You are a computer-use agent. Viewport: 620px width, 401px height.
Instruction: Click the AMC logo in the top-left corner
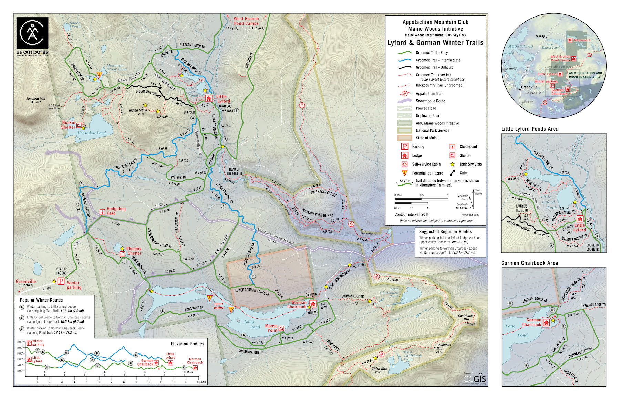click(32, 33)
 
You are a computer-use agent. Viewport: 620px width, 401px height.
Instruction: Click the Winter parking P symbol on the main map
click(61, 281)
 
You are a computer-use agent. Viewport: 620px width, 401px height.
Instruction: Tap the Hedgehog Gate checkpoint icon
click(102, 212)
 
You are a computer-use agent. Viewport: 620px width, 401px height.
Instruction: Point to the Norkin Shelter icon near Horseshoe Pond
click(79, 125)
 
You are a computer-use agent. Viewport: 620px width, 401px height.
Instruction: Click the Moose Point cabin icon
click(281, 328)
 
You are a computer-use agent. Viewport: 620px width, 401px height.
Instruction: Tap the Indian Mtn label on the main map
click(136, 110)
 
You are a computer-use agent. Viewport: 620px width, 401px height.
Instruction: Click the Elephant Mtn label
click(35, 99)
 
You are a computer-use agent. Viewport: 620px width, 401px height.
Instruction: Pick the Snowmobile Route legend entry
click(430, 101)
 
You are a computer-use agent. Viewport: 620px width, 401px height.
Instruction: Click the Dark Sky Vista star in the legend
click(452, 165)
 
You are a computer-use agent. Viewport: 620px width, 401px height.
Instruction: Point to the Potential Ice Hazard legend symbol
click(405, 173)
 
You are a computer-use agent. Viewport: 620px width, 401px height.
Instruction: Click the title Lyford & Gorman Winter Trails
click(435, 43)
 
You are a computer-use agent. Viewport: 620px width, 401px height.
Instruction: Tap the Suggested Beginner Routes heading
click(445, 232)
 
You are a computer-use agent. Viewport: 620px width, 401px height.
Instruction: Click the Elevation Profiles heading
click(187, 344)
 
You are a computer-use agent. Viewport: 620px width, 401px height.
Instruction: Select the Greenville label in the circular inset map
click(529, 87)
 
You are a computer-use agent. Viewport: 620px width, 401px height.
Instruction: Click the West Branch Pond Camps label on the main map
click(246, 21)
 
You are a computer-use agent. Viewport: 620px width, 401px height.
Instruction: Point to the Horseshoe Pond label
click(91, 133)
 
